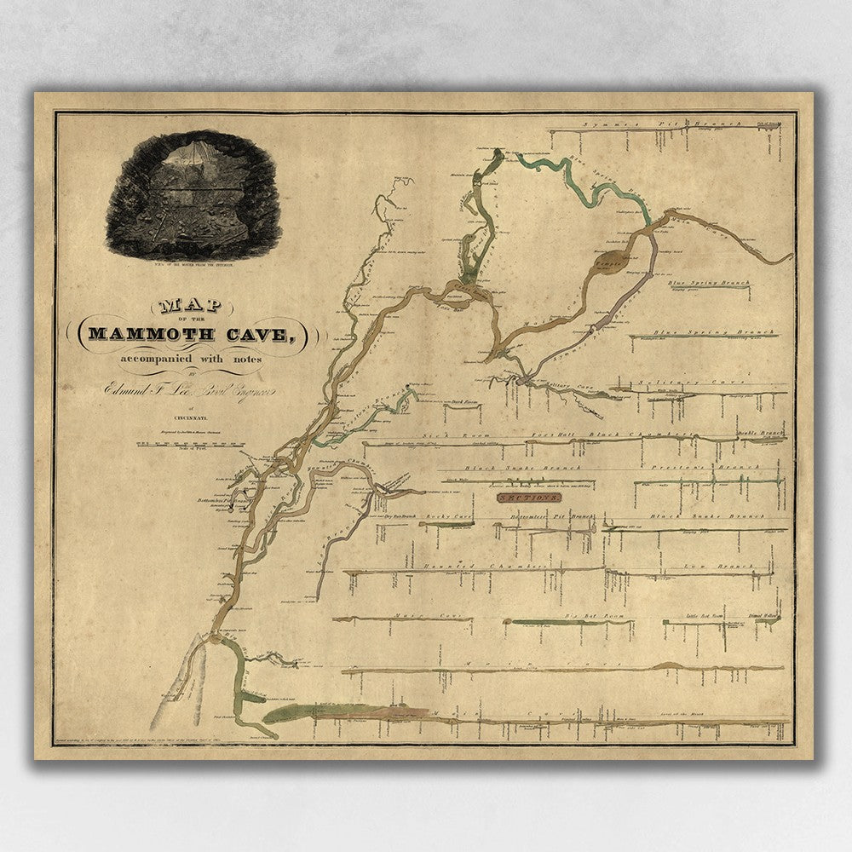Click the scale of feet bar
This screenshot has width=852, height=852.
[x=183, y=445]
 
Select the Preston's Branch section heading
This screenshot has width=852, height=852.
[x=721, y=468]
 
